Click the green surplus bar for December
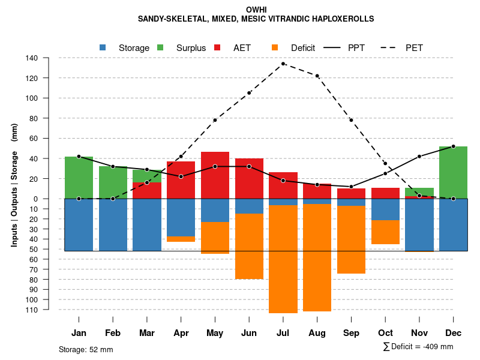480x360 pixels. tap(453, 172)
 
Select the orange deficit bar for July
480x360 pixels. tap(283, 259)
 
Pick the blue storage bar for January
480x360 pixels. tap(79, 224)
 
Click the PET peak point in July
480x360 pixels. tap(283, 64)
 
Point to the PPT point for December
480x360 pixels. tap(453, 146)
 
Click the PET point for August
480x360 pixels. tap(317, 76)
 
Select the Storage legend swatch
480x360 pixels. tap(103, 47)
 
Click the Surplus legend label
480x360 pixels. tap(191, 48)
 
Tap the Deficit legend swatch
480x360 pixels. tap(275, 47)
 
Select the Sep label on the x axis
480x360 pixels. tap(352, 333)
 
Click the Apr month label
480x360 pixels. tap(181, 333)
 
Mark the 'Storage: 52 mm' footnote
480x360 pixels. tap(86, 349)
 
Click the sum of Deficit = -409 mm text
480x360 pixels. tap(418, 347)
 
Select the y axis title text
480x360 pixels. tap(14, 184)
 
